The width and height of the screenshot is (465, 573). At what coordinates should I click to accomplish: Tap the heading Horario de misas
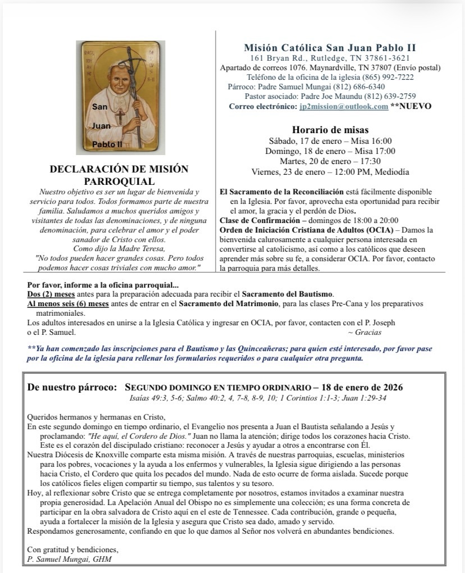click(330, 130)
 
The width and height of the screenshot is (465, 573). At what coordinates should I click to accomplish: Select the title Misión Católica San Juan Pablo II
click(330, 48)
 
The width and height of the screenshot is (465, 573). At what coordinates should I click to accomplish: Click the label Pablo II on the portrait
click(107, 144)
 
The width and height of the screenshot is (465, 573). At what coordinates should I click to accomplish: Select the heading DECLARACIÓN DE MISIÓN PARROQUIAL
click(119, 175)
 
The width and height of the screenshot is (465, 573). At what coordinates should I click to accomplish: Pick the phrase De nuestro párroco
click(72, 388)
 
